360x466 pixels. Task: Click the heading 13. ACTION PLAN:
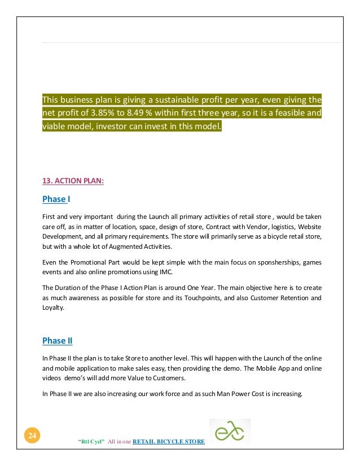(73, 181)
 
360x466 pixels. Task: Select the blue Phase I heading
(56, 199)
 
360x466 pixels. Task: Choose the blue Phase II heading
(58, 341)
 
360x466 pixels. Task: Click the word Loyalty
(52, 308)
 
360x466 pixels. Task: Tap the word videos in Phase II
(52, 377)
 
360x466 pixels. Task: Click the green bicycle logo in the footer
(230, 431)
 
